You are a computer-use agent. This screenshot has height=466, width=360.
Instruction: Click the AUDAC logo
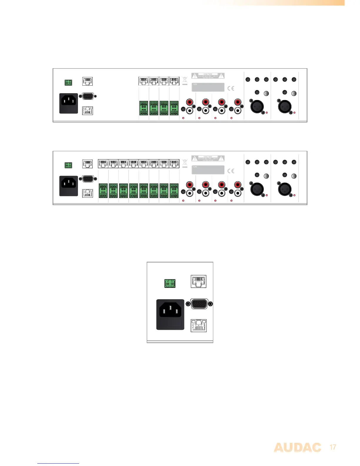click(297, 448)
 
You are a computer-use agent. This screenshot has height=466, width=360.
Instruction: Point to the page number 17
click(333, 447)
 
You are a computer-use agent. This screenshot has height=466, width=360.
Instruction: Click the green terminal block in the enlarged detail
click(170, 284)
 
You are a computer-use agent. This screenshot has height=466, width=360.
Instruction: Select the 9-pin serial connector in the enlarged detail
click(199, 304)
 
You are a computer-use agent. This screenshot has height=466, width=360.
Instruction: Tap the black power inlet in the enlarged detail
click(170, 314)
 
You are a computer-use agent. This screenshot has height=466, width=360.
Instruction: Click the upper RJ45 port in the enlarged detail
click(199, 281)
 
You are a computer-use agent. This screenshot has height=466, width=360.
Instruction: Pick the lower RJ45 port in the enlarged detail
click(199, 325)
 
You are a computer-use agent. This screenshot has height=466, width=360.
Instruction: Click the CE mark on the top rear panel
click(231, 88)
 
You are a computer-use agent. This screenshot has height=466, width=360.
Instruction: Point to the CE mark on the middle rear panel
click(231, 171)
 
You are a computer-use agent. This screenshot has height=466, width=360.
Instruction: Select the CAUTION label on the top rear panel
click(208, 76)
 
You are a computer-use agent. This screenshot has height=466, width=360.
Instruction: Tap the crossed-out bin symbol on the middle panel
click(185, 163)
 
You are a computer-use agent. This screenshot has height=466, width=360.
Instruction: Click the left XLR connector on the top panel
click(257, 106)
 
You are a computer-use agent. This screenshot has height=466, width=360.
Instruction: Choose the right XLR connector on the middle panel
click(285, 189)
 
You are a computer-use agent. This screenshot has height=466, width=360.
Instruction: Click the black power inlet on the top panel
click(69, 103)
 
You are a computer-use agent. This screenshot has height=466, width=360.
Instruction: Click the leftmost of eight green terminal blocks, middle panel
click(103, 191)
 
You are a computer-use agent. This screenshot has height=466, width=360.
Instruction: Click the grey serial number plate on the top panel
click(208, 87)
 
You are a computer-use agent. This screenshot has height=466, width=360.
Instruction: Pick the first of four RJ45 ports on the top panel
click(144, 81)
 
